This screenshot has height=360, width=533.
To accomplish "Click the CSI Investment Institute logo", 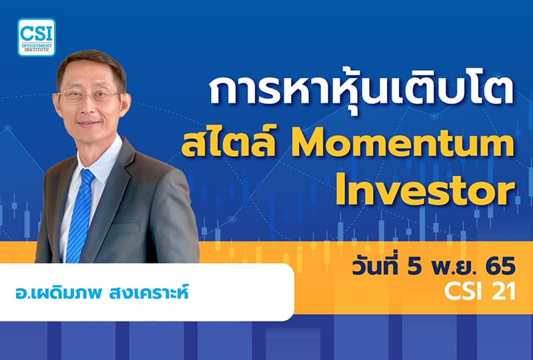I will click(37, 37).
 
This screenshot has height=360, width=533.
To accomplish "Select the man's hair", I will click(90, 63).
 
